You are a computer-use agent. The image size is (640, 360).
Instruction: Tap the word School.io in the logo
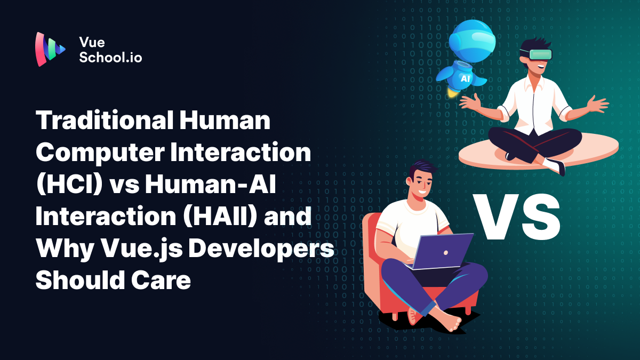pyautogui.click(x=110, y=58)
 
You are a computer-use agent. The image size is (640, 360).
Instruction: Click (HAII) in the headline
pyautogui.click(x=194, y=218)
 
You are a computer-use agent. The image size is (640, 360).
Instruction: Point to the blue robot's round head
pyautogui.click(x=469, y=40)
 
